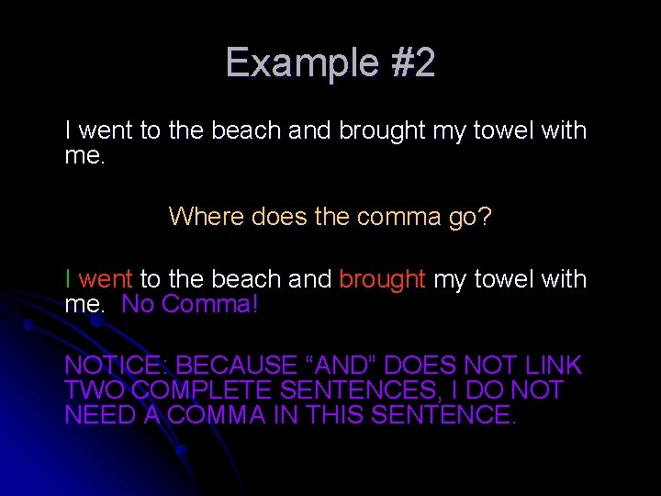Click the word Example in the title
click(x=284, y=63)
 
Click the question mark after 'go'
click(x=485, y=217)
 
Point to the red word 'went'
click(x=107, y=279)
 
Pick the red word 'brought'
click(x=383, y=279)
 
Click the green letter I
click(x=68, y=279)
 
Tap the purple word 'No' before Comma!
click(x=137, y=304)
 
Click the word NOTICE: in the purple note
click(x=116, y=366)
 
